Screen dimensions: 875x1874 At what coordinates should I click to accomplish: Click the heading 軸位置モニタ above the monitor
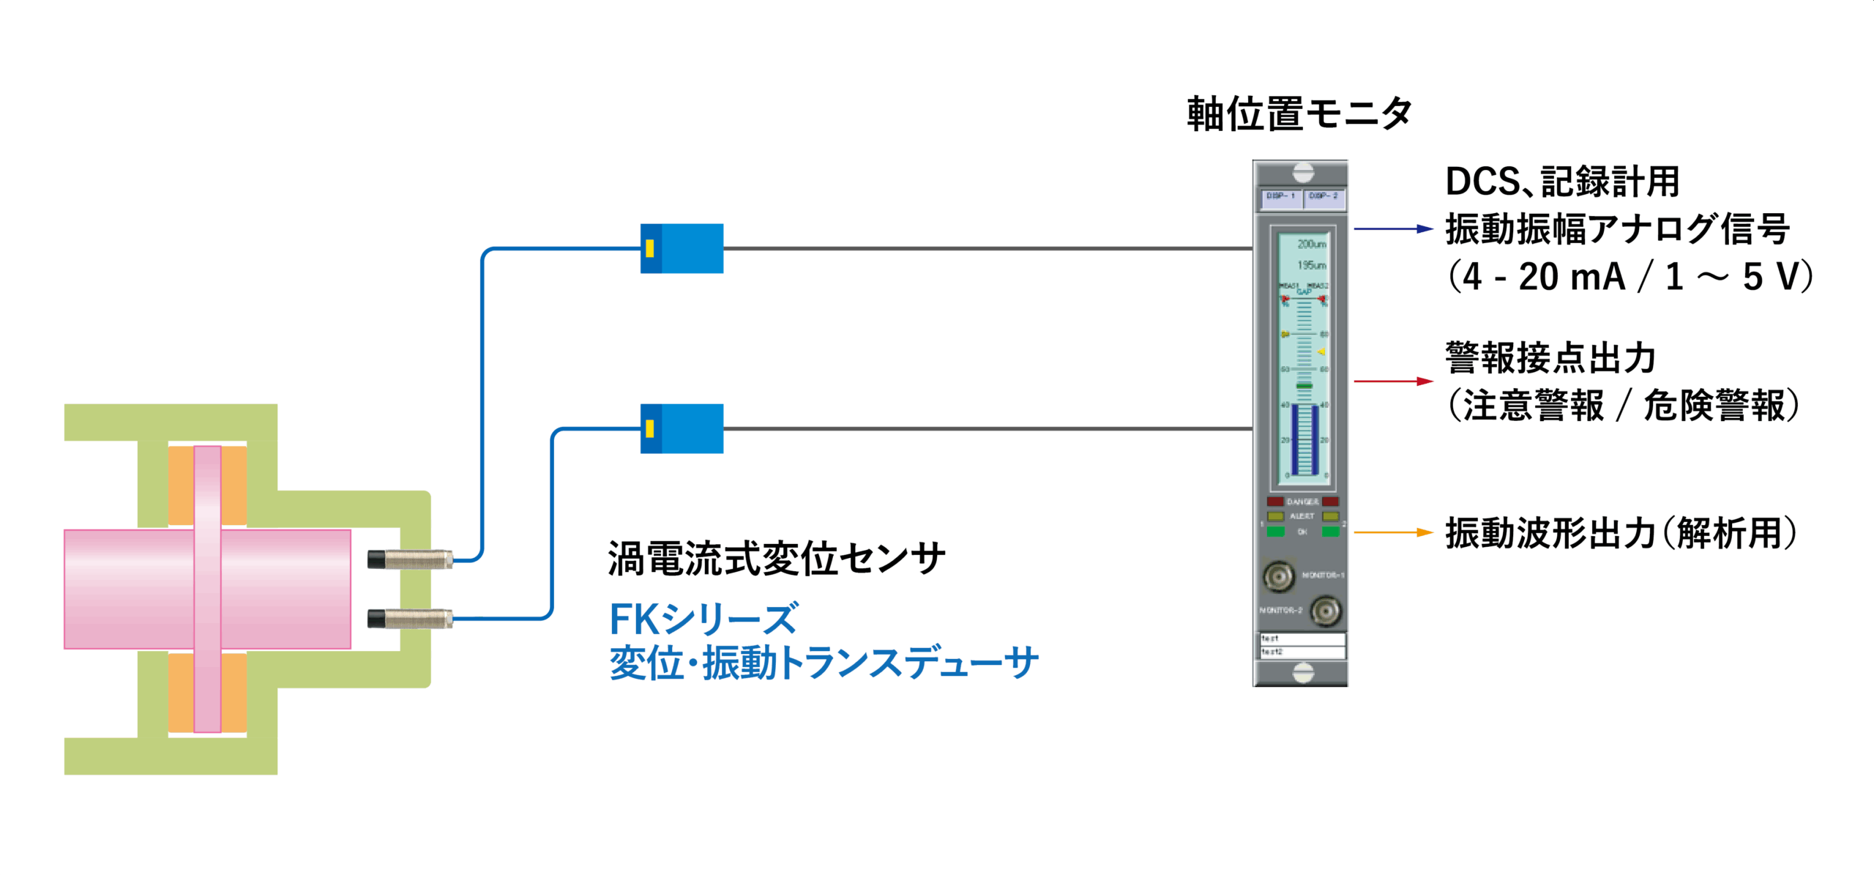pyautogui.click(x=1299, y=115)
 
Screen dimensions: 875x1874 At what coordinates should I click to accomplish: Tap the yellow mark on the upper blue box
pyautogui.click(x=649, y=248)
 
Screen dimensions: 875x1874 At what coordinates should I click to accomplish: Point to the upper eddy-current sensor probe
pyautogui.click(x=410, y=560)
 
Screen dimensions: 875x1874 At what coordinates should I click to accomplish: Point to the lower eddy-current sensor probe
pyautogui.click(x=410, y=619)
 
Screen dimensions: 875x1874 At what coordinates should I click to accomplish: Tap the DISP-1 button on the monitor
pyautogui.click(x=1281, y=197)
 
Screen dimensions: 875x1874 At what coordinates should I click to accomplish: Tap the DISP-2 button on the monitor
pyautogui.click(x=1324, y=197)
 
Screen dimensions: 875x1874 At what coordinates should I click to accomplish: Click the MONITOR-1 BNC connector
pyautogui.click(x=1279, y=576)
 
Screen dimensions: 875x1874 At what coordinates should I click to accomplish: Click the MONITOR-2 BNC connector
pyautogui.click(x=1325, y=611)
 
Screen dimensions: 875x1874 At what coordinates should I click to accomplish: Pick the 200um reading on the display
pyautogui.click(x=1311, y=244)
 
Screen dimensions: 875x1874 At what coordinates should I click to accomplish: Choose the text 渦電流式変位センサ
pyautogui.click(x=776, y=559)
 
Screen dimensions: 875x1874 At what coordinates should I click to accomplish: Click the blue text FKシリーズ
pyautogui.click(x=703, y=619)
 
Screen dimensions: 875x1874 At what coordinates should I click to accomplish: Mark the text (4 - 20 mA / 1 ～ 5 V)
pyautogui.click(x=1630, y=278)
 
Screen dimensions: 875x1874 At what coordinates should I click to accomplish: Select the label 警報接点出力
pyautogui.click(x=1550, y=358)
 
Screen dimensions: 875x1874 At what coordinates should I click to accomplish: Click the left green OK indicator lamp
pyautogui.click(x=1276, y=532)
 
